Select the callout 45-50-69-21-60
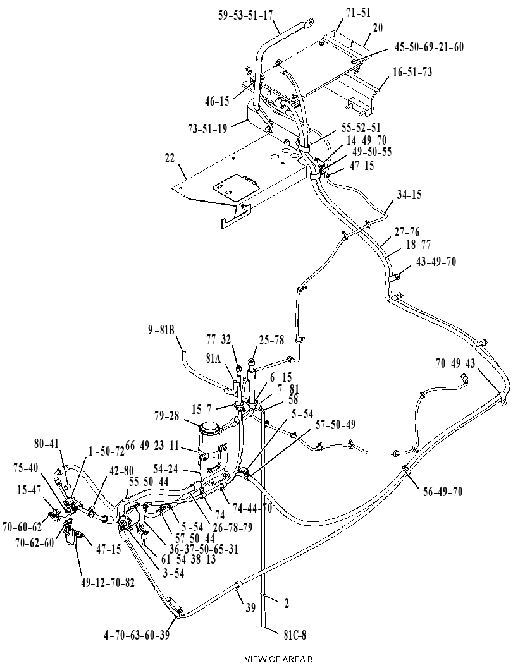(x=429, y=46)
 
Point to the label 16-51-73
(x=412, y=73)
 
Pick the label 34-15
(x=409, y=195)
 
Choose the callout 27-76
(x=407, y=232)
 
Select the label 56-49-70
(x=443, y=491)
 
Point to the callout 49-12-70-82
(x=107, y=582)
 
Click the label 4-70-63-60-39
(x=136, y=635)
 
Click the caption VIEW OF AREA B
(x=279, y=659)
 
